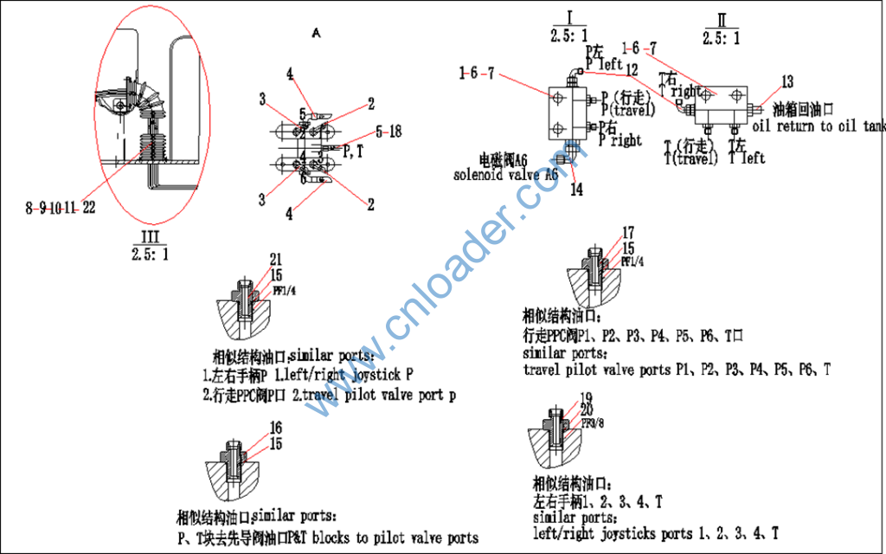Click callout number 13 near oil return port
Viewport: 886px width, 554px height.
pos(786,83)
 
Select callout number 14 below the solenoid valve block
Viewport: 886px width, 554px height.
pos(575,190)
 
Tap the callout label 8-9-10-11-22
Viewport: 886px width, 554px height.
pos(60,208)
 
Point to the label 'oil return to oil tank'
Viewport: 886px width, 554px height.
pos(819,126)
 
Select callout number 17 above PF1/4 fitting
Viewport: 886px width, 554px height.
pos(628,232)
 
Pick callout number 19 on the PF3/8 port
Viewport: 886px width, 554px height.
pos(587,397)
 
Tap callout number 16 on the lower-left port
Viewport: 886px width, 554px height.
pos(275,428)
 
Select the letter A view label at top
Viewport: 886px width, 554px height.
pos(316,33)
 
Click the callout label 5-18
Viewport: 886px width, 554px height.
pos(388,132)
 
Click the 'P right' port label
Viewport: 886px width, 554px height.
pos(621,140)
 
